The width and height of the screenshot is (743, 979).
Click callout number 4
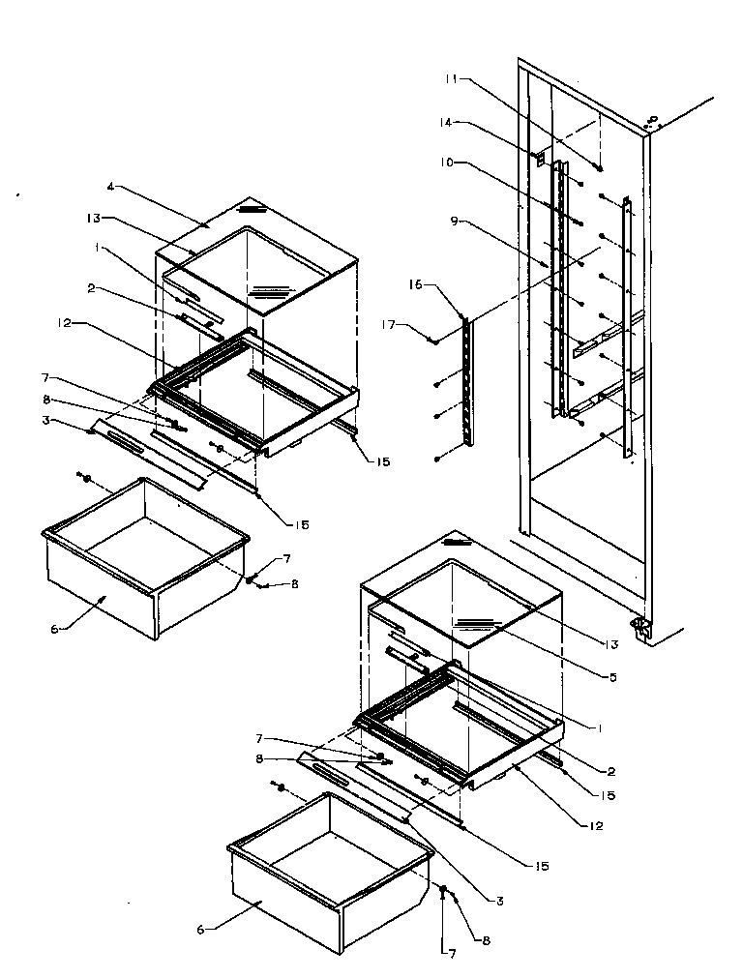coord(110,186)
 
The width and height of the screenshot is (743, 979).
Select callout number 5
coord(612,677)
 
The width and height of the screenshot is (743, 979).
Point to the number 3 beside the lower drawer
coord(500,901)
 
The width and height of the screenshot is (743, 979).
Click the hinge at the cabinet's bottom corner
coord(639,628)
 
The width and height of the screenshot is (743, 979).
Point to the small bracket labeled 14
coord(540,155)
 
